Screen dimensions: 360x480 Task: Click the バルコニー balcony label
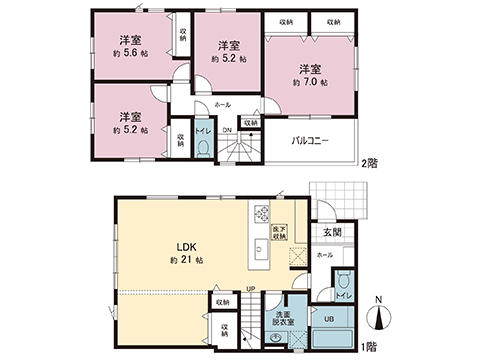tap(311, 141)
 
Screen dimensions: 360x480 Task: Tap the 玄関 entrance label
tap(331, 234)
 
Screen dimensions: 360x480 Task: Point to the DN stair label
tap(226, 130)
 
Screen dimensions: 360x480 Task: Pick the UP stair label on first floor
tap(249, 290)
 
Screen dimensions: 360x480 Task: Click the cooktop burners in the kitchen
tap(262, 214)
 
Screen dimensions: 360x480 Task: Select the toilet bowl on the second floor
tap(203, 148)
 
